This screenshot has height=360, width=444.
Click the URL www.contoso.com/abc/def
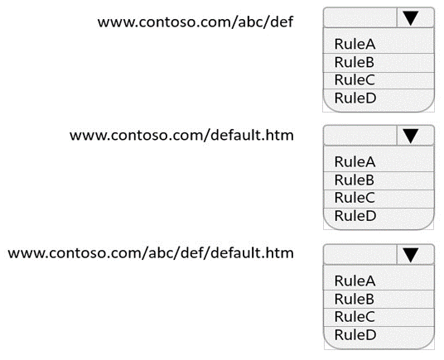195,22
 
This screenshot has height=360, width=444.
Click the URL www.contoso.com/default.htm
181,135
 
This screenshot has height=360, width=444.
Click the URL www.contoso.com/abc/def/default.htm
151,252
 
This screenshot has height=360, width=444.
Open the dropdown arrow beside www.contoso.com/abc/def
410,17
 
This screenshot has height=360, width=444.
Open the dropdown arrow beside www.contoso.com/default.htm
410,136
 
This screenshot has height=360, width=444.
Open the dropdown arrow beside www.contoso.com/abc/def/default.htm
410,255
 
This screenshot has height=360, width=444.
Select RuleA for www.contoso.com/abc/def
355,44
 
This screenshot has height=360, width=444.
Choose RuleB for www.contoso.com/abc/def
355,62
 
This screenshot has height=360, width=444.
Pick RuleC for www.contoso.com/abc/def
355,79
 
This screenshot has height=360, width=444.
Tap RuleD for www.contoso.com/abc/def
355,98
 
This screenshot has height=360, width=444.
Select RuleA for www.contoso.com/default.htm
355,161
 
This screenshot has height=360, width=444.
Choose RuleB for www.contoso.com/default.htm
355,180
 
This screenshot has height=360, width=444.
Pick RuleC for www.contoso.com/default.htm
355,198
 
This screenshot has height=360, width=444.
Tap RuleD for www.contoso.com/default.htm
355,216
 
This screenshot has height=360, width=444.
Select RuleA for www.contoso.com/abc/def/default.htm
355,281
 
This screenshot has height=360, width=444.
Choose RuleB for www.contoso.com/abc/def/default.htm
355,299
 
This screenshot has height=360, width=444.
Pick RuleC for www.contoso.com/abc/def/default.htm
355,316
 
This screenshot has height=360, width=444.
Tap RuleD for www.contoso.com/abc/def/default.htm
355,335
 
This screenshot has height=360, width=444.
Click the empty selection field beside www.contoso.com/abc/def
360,17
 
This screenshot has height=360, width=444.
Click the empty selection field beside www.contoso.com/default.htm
360,136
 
